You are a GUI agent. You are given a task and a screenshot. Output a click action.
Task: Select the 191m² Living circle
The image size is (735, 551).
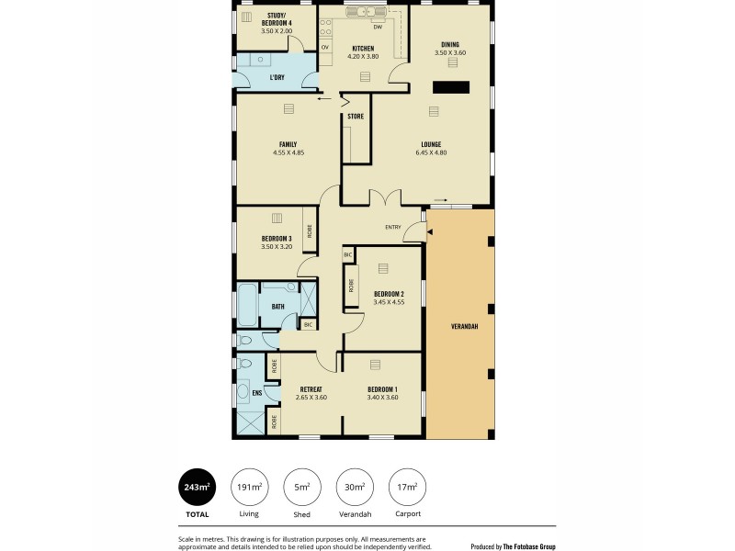tap(247, 487)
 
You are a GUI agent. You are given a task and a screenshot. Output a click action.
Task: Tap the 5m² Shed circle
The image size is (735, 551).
tap(301, 487)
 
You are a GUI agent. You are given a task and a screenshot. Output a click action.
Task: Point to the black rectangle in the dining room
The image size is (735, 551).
tap(451, 87)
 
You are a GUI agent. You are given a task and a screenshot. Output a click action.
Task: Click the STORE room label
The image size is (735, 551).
tap(356, 117)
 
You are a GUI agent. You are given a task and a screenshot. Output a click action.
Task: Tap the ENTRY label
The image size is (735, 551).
tap(393, 228)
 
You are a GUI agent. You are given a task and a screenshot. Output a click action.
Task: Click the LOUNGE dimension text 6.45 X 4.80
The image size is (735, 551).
tap(431, 152)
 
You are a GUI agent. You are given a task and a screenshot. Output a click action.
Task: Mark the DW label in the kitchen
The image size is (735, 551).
tap(378, 27)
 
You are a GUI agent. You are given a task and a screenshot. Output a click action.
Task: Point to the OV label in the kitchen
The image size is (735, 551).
tap(325, 46)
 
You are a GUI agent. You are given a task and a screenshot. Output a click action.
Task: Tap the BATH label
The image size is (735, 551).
tap(277, 306)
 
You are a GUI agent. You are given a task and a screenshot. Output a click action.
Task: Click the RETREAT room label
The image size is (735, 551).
tap(311, 389)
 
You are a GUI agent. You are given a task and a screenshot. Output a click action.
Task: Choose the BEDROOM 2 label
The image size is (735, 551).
tap(389, 293)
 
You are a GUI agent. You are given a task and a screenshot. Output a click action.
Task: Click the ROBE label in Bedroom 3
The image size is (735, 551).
tap(311, 231)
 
